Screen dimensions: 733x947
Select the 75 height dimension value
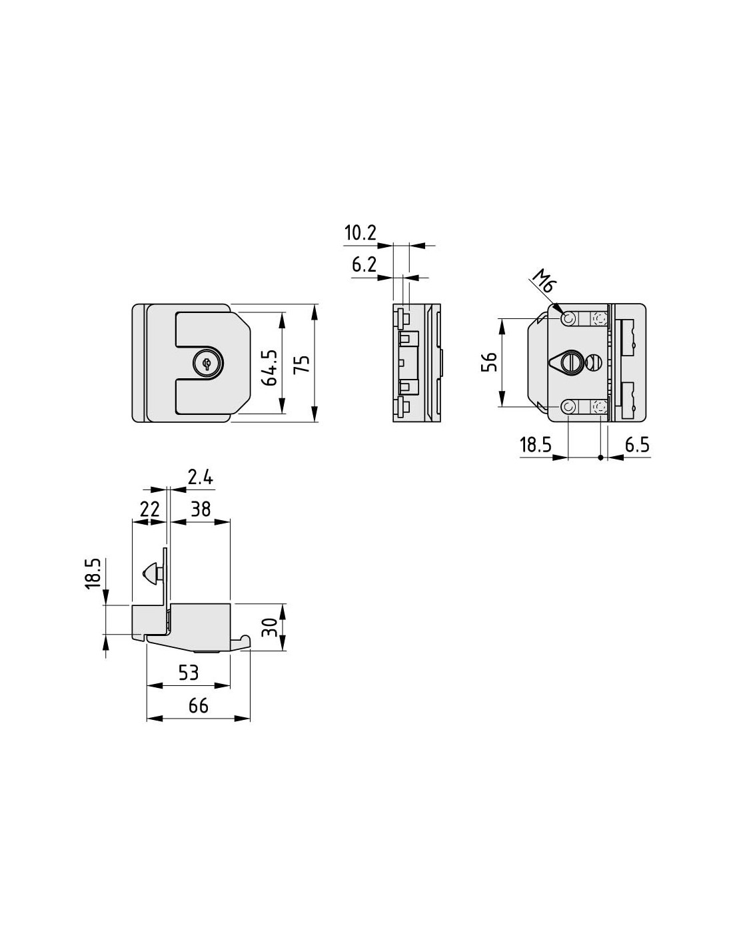tap(303, 364)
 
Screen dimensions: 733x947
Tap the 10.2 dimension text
tap(361, 233)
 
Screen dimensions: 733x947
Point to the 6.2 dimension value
tap(364, 264)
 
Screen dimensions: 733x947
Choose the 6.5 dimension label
tap(636, 445)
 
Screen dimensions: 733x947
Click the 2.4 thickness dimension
tap(200, 477)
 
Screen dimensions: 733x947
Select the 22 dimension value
tap(149, 509)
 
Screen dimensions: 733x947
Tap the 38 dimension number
tap(201, 509)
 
